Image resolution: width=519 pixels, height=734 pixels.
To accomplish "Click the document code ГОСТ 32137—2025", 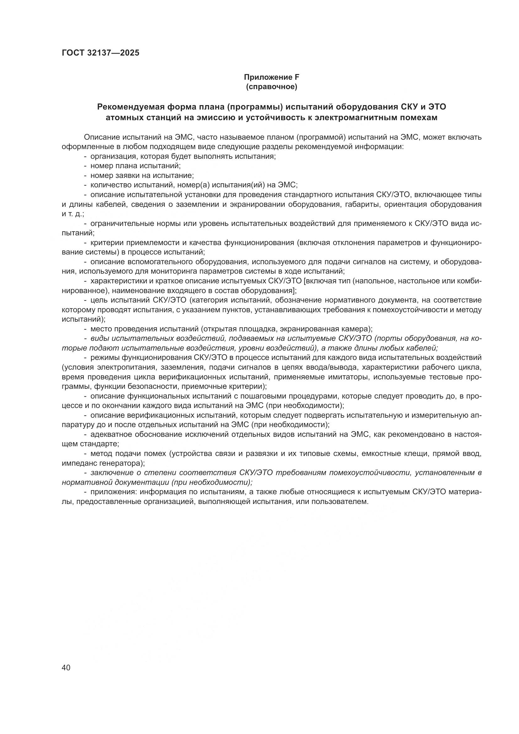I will click(100, 53).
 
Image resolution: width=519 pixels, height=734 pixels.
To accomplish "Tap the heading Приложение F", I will click(271, 78).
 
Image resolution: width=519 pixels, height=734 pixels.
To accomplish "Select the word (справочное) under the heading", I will click(271, 87).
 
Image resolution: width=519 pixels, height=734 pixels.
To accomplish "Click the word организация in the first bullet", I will click(111, 157).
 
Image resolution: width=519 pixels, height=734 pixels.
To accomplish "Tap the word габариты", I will click(361, 205).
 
